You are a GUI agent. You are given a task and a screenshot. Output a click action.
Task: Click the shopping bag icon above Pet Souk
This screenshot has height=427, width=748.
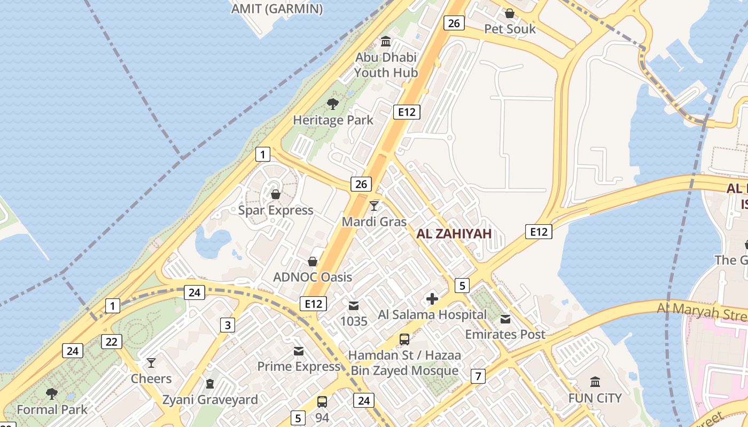click(x=510, y=13)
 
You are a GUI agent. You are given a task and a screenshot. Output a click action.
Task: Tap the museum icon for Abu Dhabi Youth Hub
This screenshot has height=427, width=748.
click(x=386, y=42)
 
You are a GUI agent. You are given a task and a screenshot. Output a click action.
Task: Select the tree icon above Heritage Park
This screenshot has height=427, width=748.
click(x=333, y=104)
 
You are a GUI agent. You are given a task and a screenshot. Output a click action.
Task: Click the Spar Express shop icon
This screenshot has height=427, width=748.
click(x=276, y=194)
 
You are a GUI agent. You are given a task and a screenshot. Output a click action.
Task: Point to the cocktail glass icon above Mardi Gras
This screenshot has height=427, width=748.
click(x=374, y=206)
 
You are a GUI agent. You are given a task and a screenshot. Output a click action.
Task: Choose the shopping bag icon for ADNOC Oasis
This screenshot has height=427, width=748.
click(x=313, y=262)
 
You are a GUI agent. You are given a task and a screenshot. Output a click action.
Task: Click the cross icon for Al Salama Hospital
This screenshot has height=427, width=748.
click(x=432, y=299)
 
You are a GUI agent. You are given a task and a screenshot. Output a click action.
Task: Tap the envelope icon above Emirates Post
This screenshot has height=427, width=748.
click(x=505, y=319)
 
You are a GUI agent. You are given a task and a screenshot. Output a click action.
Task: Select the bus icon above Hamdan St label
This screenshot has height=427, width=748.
click(x=404, y=339)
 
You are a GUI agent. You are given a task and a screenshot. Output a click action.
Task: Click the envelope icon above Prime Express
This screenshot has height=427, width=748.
click(x=299, y=351)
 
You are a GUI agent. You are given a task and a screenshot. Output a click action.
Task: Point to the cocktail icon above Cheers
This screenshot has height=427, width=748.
click(x=151, y=363)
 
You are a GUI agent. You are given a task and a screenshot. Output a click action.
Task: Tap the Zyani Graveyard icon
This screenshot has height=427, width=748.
click(x=210, y=384)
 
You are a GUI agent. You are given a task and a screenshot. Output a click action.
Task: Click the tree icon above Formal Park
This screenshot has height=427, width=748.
click(x=51, y=394)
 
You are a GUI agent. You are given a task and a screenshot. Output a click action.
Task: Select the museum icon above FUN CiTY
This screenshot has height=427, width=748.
click(x=595, y=382)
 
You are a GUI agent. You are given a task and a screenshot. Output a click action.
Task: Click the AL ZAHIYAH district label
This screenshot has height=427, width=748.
click(x=454, y=234)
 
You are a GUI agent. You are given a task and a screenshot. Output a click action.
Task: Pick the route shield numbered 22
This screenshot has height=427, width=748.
click(x=111, y=342)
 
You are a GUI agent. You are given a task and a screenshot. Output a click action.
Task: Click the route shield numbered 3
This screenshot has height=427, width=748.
click(x=228, y=325)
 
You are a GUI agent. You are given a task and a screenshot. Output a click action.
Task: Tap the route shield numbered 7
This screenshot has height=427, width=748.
click(x=478, y=376)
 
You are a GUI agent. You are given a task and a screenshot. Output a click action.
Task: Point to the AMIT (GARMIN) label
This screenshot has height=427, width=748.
click(x=277, y=9)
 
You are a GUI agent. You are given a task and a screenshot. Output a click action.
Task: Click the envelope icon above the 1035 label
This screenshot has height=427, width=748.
click(x=353, y=306)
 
